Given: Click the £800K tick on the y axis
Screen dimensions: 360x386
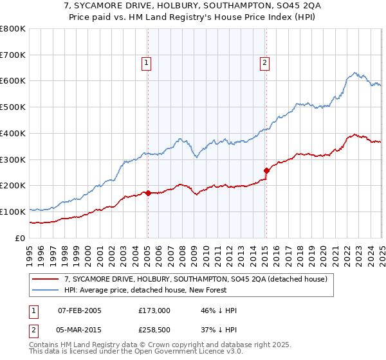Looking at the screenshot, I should [13, 29].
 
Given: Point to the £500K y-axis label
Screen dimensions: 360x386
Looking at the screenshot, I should [13, 107].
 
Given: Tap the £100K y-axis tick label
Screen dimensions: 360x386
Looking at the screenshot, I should [13, 212].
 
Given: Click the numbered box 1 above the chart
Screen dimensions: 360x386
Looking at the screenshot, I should [147, 63].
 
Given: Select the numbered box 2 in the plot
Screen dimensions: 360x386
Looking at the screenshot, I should [264, 63].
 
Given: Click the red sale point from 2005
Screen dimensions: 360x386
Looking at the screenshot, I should [148, 192].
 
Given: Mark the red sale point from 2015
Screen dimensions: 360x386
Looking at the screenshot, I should [266, 170].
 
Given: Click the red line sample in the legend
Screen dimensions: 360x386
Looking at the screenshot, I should [46, 279].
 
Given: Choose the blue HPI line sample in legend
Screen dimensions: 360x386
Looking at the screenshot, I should [46, 290].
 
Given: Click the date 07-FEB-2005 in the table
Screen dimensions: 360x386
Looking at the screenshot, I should [80, 310].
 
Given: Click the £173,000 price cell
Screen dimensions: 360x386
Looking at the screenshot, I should [154, 310].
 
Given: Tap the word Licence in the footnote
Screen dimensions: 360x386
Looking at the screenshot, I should [185, 352].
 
